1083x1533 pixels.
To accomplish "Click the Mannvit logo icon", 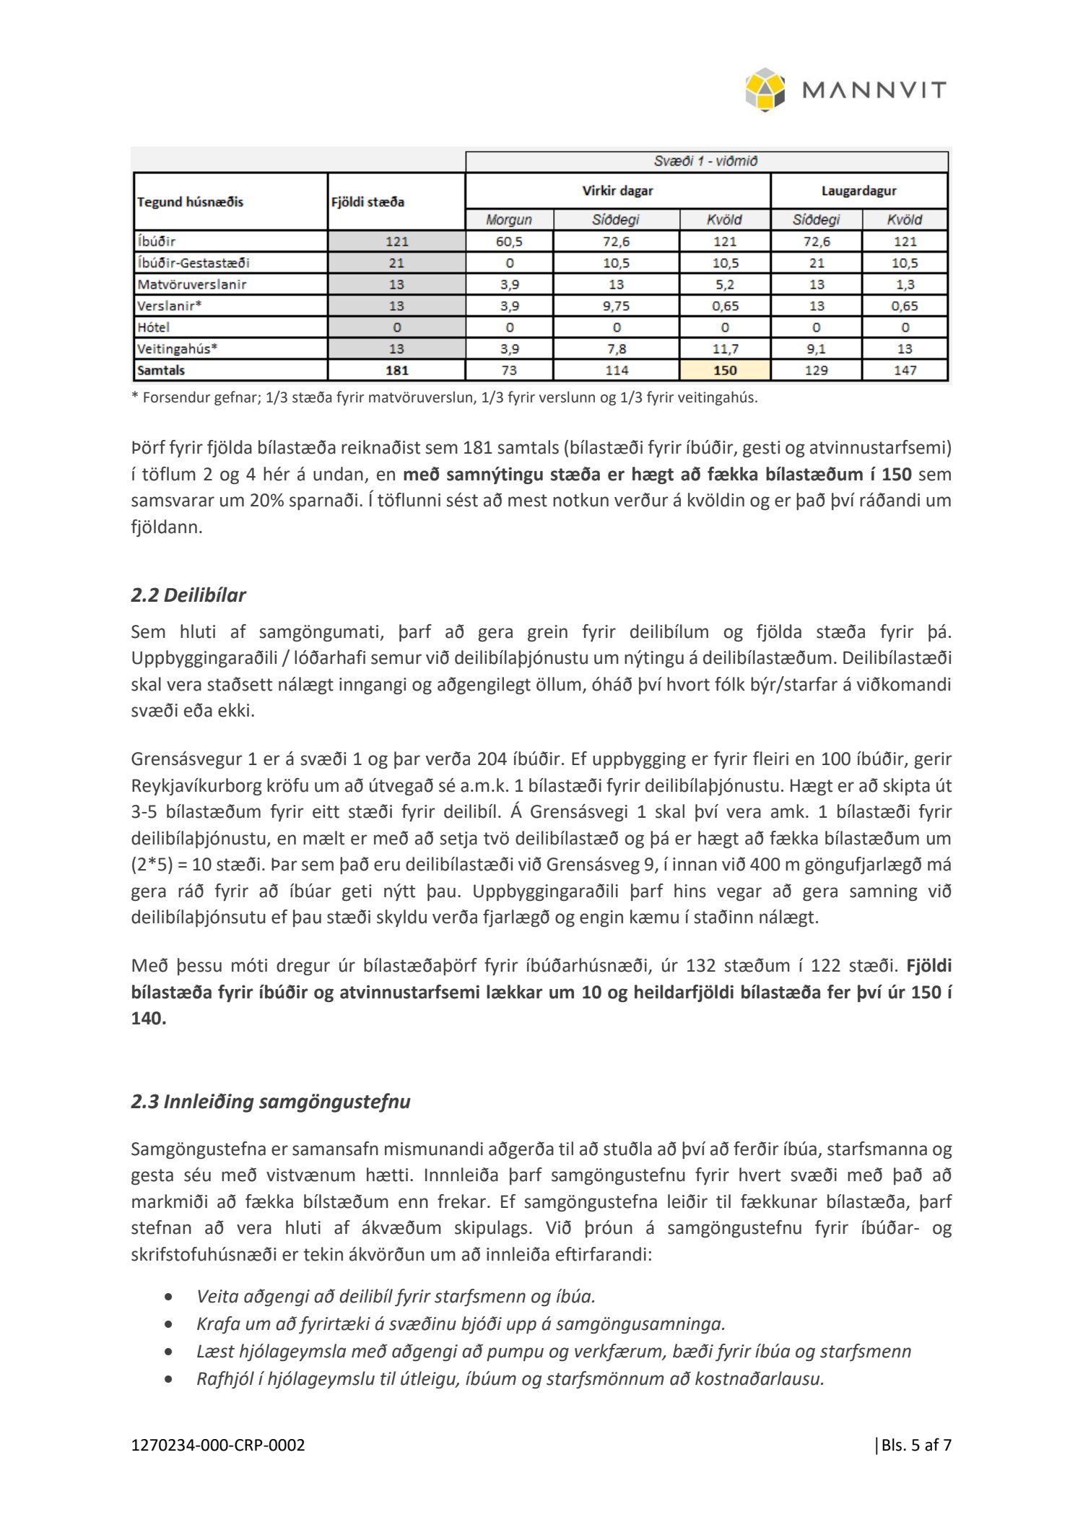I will click(x=765, y=90).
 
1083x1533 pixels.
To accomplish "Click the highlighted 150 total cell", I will click(x=725, y=371).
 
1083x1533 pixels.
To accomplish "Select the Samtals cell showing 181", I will click(x=396, y=371).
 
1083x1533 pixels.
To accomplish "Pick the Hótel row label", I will click(x=154, y=327).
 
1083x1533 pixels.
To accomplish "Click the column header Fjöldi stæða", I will click(x=367, y=202).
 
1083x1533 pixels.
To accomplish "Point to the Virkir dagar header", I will click(x=617, y=191).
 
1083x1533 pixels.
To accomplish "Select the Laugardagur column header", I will click(x=858, y=191).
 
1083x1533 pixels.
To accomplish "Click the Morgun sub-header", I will click(x=509, y=220).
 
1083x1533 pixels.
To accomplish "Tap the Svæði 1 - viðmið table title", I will click(x=705, y=161).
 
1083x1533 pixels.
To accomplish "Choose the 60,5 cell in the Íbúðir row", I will click(x=509, y=241).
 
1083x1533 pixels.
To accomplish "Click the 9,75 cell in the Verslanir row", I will click(x=616, y=306).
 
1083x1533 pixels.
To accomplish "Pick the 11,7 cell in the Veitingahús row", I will click(x=725, y=349).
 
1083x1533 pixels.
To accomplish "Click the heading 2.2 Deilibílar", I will click(x=188, y=595).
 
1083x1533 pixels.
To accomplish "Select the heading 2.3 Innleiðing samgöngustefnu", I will click(x=270, y=1102).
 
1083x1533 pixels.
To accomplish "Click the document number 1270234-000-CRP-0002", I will click(x=218, y=1445).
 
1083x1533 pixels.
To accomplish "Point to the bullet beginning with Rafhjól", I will click(x=510, y=1378).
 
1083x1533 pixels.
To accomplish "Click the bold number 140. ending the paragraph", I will click(x=149, y=1019).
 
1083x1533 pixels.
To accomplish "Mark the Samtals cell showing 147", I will click(x=905, y=371).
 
